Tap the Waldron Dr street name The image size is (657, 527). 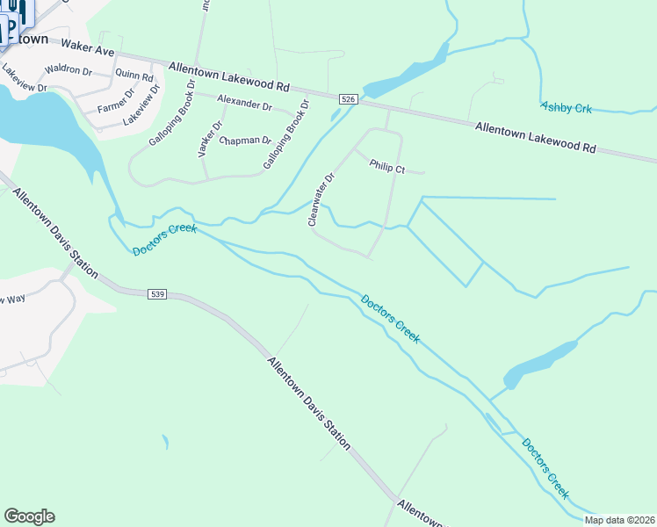click(68, 69)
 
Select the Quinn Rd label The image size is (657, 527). click(134, 77)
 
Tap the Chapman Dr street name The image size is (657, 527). click(245, 141)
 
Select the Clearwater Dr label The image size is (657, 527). click(321, 199)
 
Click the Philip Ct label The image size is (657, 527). click(386, 165)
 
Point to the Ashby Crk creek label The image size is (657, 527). click(567, 107)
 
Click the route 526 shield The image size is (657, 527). click(349, 100)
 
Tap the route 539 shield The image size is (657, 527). click(157, 293)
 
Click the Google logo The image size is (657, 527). click(29, 516)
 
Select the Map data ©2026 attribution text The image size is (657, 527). click(619, 520)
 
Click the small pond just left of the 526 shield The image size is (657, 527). click(335, 115)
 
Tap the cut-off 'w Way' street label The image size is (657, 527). click(13, 300)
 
